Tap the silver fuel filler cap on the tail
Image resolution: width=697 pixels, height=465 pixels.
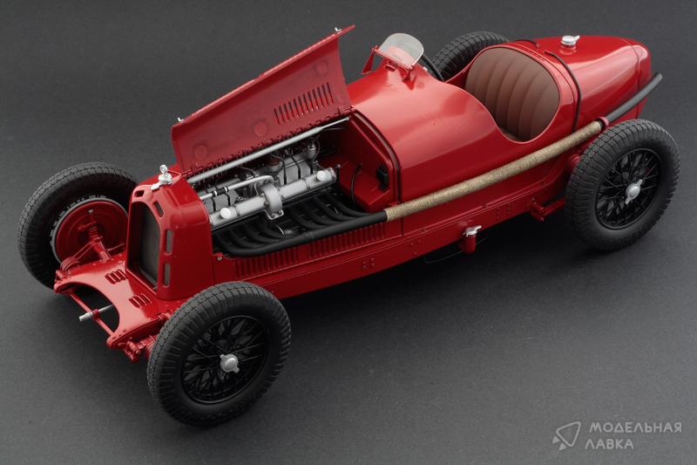(570, 40)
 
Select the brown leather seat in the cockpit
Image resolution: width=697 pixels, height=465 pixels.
(512, 92)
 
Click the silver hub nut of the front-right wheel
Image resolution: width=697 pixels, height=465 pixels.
(229, 363)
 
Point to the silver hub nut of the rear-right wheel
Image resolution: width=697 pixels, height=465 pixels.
(633, 190)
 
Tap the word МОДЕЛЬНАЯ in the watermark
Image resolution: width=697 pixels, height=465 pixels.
(635, 427)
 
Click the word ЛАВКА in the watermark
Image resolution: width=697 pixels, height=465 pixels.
(609, 444)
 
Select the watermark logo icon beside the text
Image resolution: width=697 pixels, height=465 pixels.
(565, 434)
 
